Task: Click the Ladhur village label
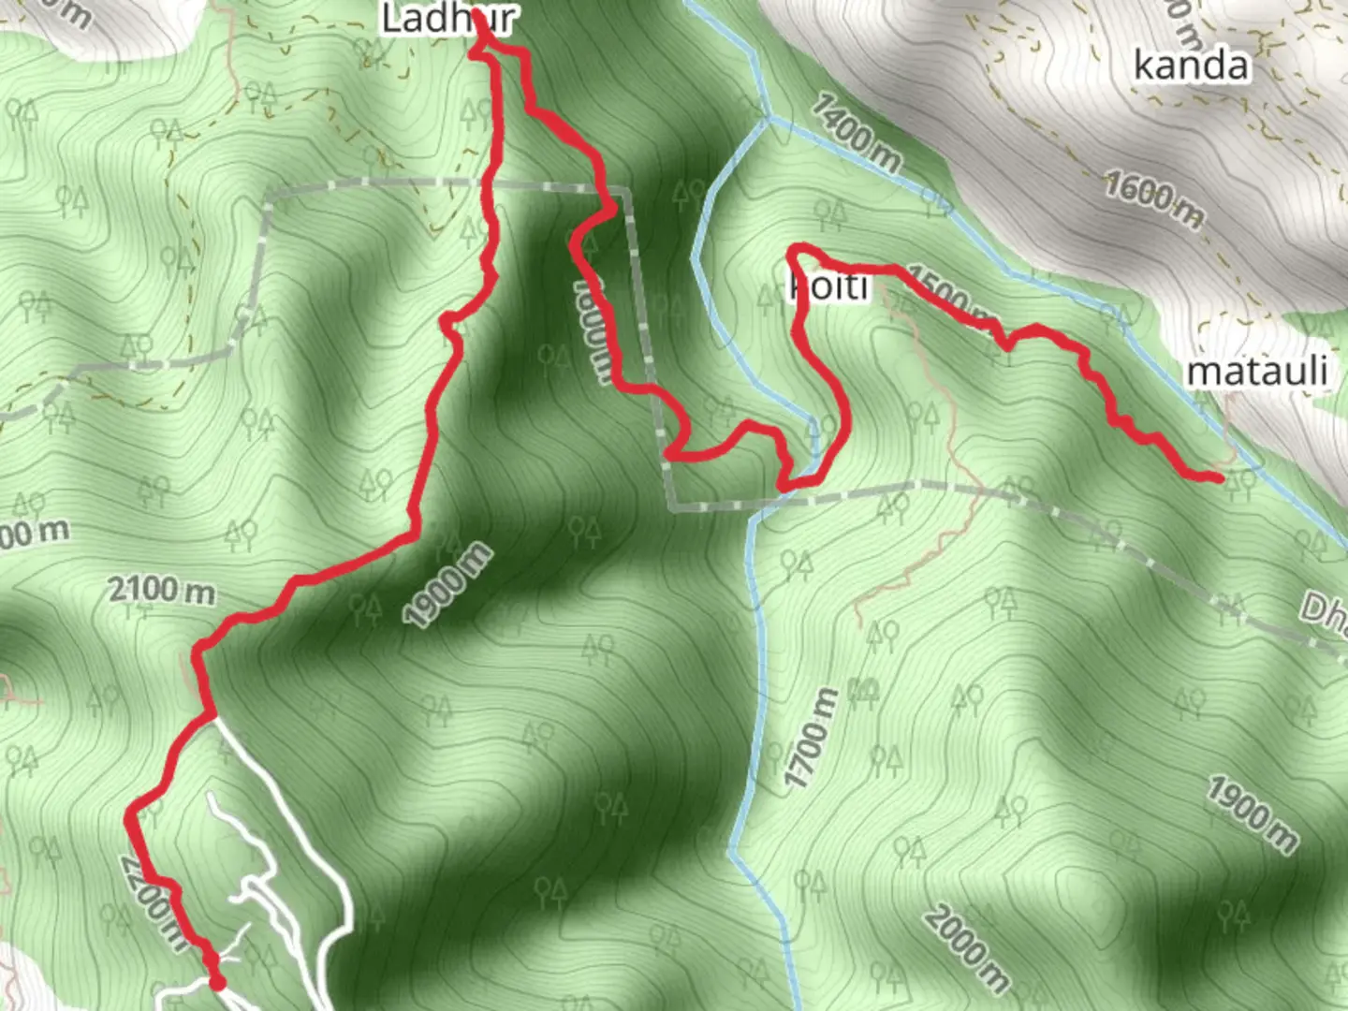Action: pos(447,19)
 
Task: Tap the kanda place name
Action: pos(1191,66)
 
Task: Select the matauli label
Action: pos(1256,372)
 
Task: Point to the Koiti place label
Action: pos(829,286)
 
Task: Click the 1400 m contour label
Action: pos(856,131)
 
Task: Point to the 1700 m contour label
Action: pos(811,739)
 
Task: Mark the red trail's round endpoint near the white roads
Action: pos(217,982)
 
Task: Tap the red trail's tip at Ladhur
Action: pos(480,21)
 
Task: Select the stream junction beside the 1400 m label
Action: pos(769,118)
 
